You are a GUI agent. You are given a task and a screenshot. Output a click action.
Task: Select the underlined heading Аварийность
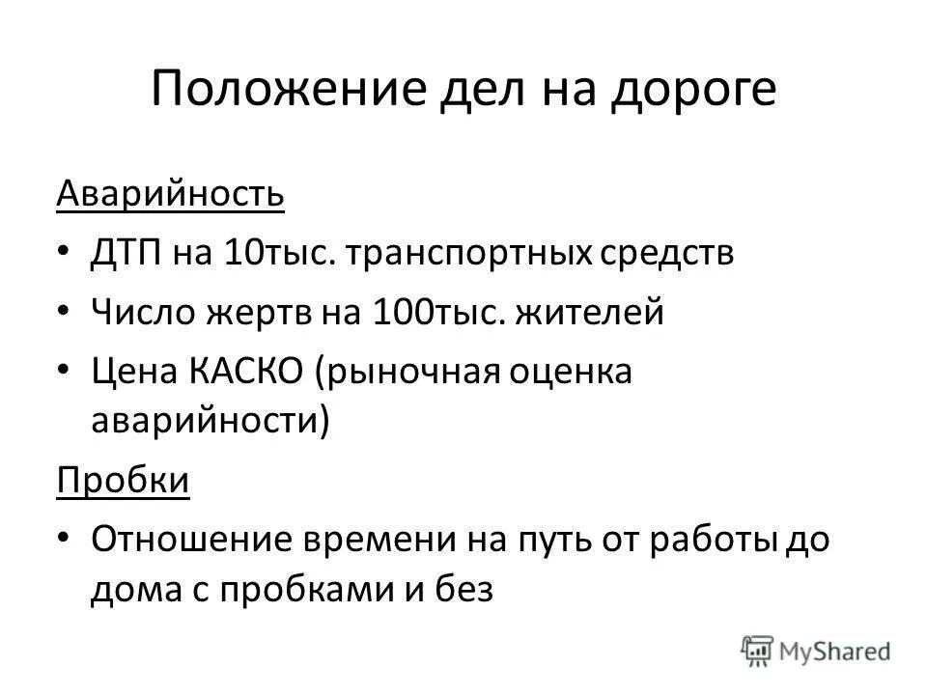[170, 195]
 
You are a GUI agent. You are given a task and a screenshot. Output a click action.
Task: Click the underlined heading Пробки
[123, 480]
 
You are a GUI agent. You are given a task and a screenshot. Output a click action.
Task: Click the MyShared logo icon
[757, 650]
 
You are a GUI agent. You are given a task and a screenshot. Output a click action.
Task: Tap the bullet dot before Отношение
[64, 540]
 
